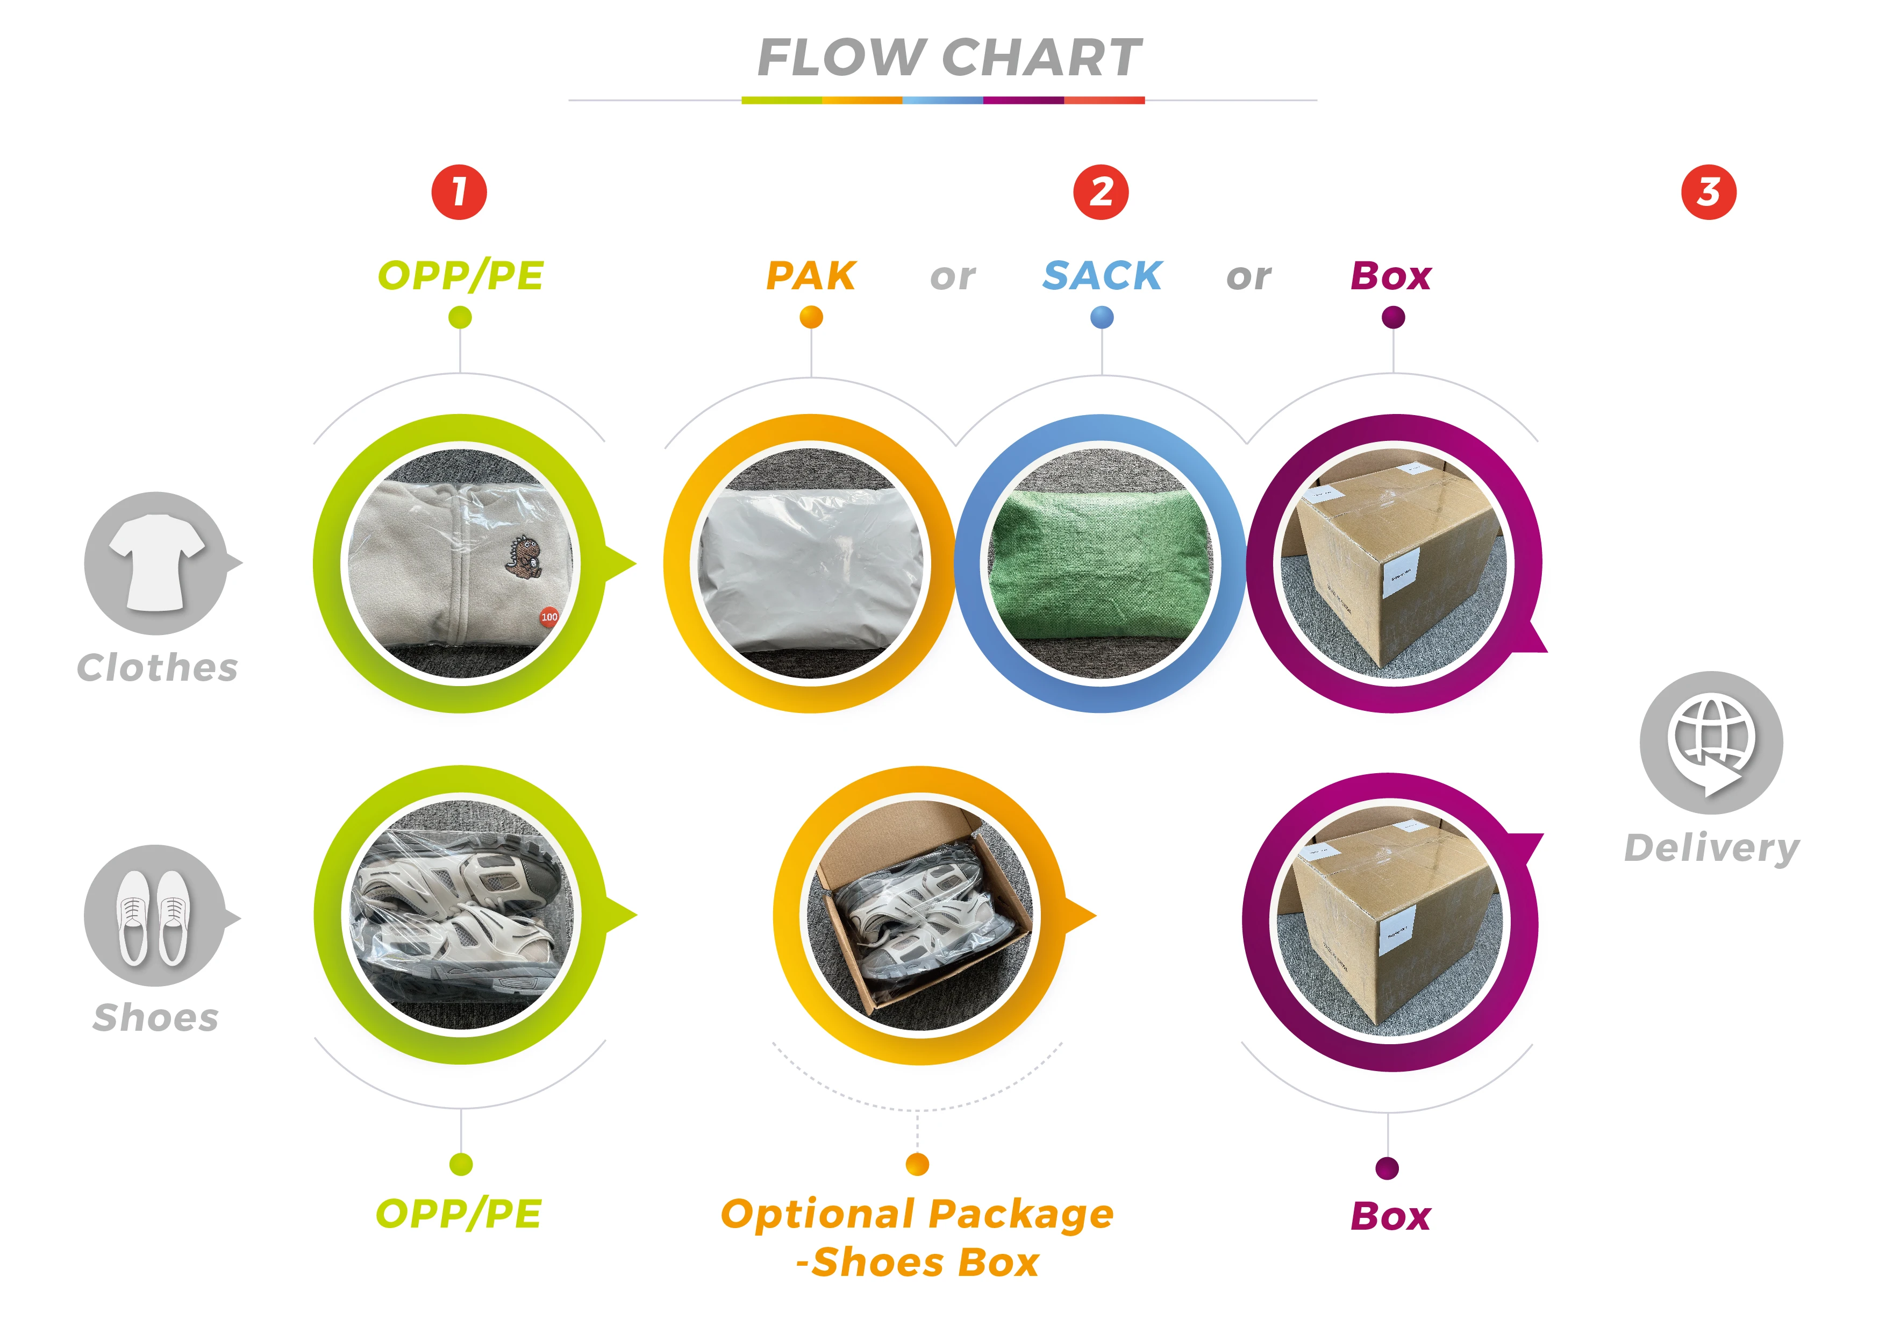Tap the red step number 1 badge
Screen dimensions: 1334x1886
pos(459,192)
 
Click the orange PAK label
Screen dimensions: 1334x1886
pos(811,276)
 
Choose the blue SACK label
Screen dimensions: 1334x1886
pos(1102,276)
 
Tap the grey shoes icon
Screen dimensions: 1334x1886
pos(154,916)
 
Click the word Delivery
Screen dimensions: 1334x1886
pos(1712,848)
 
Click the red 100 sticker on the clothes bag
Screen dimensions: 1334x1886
pos(549,616)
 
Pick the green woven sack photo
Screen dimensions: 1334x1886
pos(1101,563)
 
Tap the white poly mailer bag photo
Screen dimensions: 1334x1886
pos(811,563)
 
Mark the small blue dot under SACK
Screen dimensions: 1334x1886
pos(1102,317)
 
